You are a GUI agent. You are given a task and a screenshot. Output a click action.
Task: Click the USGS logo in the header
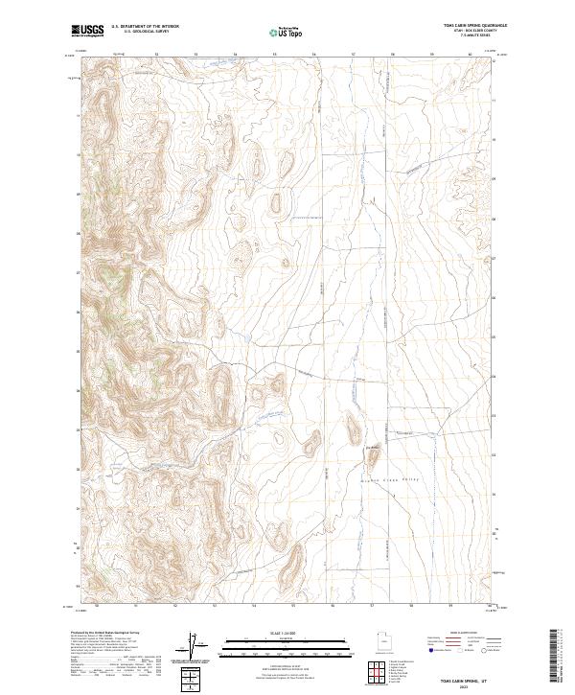[87, 30]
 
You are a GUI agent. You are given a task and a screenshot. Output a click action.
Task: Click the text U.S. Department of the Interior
[145, 27]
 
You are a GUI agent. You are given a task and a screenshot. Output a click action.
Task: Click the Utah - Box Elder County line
[475, 32]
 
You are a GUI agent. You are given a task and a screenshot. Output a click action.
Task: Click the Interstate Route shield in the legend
[433, 650]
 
